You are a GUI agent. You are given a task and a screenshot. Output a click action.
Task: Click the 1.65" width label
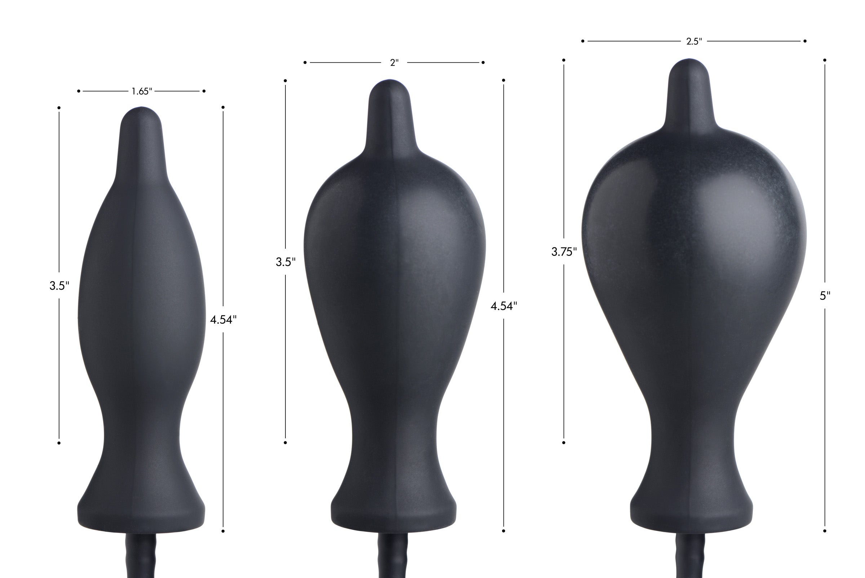pos(142,91)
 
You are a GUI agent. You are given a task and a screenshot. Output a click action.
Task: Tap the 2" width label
pos(394,63)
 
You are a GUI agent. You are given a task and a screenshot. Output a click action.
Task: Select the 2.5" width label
pos(694,41)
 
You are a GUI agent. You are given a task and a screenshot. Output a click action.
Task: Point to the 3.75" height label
pos(564,252)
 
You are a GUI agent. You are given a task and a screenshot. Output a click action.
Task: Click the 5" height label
pos(825,295)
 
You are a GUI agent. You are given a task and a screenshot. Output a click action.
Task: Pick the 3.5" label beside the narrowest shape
pos(59,286)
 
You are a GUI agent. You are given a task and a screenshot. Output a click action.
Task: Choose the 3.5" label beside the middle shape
pos(285,262)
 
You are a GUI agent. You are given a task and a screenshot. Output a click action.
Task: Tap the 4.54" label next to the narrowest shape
pos(223,320)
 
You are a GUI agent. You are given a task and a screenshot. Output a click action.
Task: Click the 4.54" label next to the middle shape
pos(504,306)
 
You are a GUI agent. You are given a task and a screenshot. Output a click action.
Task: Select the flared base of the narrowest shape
pos(141,512)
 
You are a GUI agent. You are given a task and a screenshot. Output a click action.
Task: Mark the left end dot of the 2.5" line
pos(582,41)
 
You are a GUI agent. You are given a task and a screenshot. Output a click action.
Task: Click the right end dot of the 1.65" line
pos(204,91)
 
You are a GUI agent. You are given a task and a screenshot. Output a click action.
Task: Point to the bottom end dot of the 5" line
pos(825,531)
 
